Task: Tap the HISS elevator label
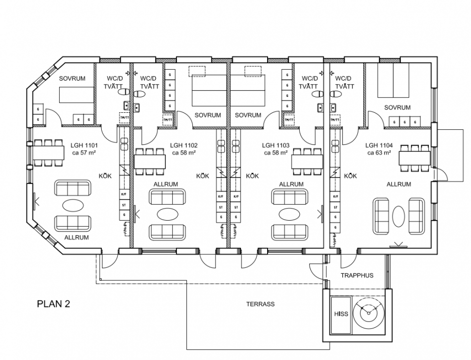pyautogui.click(x=341, y=314)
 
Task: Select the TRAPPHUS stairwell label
pyautogui.click(x=357, y=276)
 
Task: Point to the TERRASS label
pyautogui.click(x=260, y=304)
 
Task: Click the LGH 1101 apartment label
pyautogui.click(x=84, y=146)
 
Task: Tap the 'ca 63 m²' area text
pyautogui.click(x=378, y=153)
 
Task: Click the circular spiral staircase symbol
pyautogui.click(x=369, y=313)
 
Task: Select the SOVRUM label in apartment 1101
pyautogui.click(x=73, y=79)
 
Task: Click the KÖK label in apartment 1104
pyautogui.click(x=350, y=176)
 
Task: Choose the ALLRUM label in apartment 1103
pyautogui.click(x=291, y=184)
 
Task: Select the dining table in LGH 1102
pyautogui.click(x=149, y=161)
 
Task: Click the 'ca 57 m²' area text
pyautogui.click(x=84, y=153)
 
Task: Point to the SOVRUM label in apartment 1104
pyautogui.click(x=397, y=107)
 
